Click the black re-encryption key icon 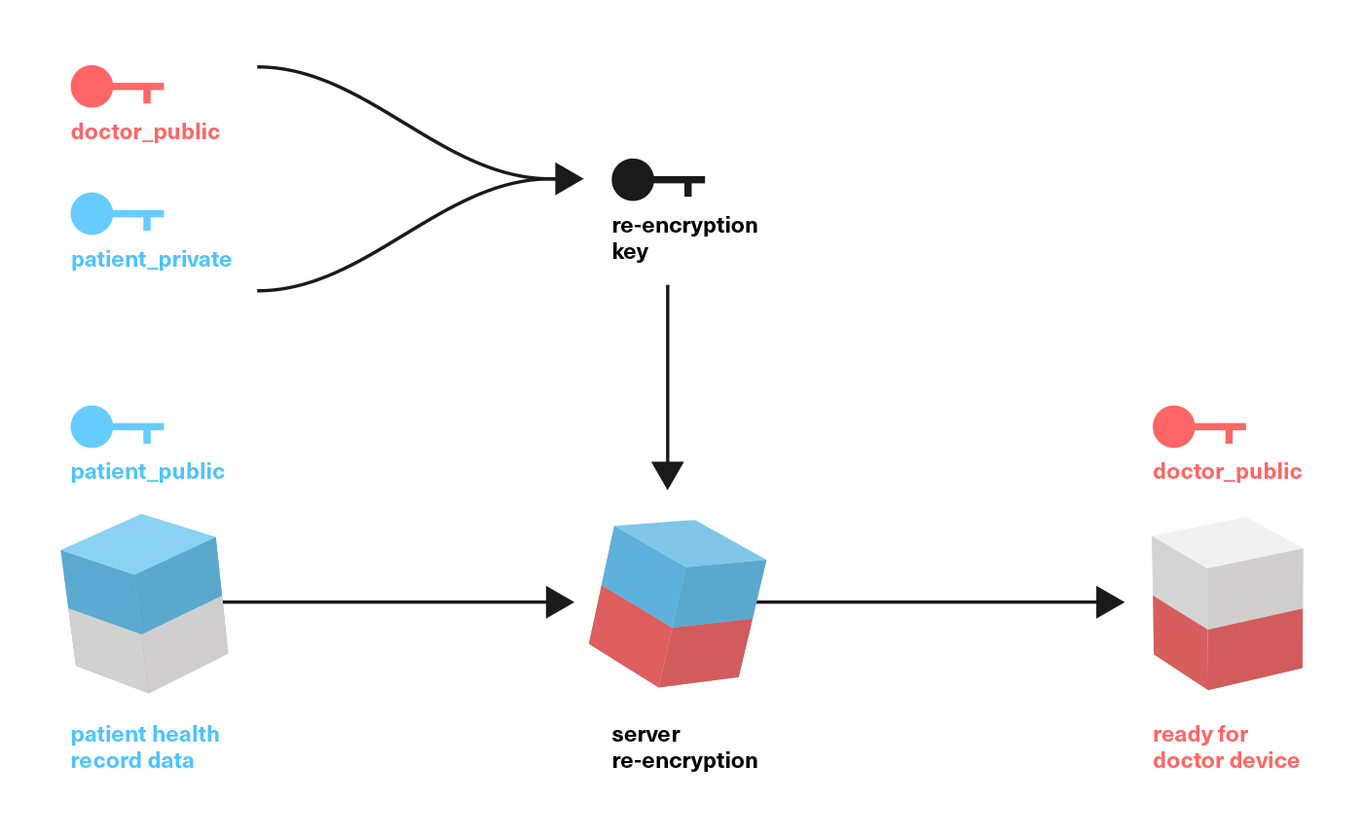(656, 180)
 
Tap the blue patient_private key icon (116, 214)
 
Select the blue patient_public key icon (116, 426)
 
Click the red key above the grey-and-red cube (1197, 426)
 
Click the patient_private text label (151, 260)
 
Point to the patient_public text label (147, 472)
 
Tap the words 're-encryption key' (683, 238)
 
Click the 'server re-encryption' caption (683, 747)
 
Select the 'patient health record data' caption (144, 747)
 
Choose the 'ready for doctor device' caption (1225, 747)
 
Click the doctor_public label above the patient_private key (145, 132)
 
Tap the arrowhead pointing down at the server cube (667, 474)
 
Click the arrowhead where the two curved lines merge (568, 179)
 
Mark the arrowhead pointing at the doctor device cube (1109, 602)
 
